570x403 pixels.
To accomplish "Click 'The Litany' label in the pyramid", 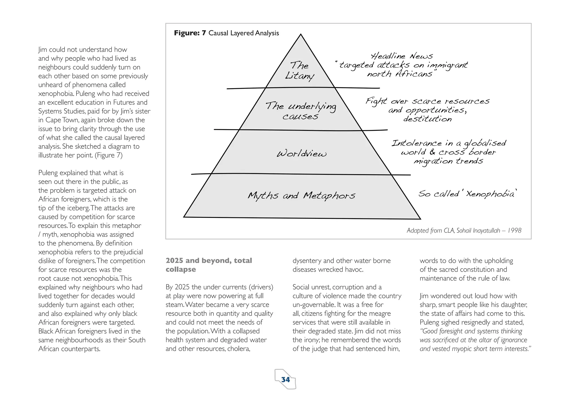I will (x=299, y=71).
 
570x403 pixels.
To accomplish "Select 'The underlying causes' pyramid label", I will (x=301, y=111).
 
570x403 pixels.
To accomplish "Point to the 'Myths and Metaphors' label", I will (x=301, y=196).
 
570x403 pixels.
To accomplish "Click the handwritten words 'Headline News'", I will (x=402, y=56).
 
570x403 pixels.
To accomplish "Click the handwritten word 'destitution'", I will (x=427, y=119).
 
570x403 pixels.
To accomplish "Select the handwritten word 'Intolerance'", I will (x=416, y=143).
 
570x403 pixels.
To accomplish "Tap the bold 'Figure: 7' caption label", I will (x=190, y=33).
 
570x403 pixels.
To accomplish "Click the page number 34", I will (x=286, y=380).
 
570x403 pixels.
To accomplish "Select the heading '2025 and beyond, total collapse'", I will (x=209, y=265).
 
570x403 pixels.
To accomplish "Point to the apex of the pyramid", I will (x=301, y=35).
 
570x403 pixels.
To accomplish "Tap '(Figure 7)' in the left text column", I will (x=109, y=155).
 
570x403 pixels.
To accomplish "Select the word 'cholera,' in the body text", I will (x=239, y=349).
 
